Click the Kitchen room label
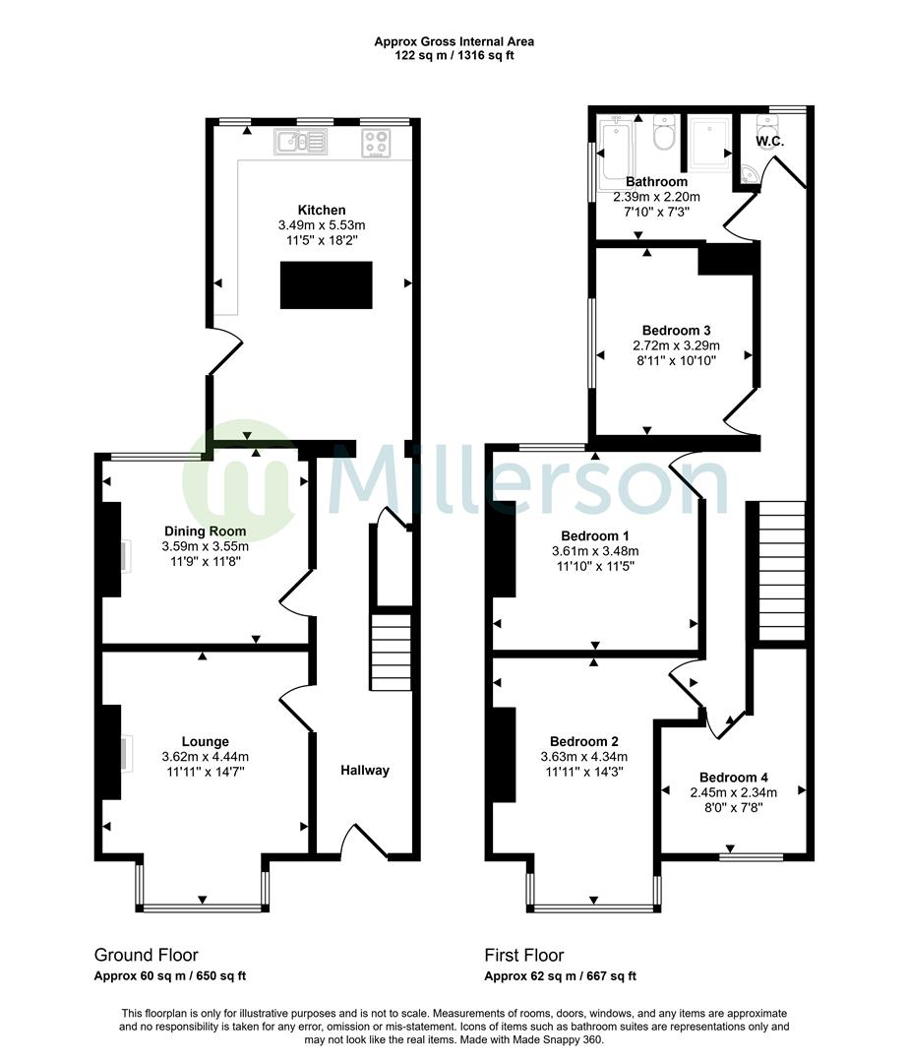pyautogui.click(x=322, y=210)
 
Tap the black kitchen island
pyautogui.click(x=327, y=285)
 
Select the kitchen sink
pyautogui.click(x=301, y=144)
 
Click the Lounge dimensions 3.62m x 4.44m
pyautogui.click(x=205, y=757)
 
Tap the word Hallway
pyautogui.click(x=365, y=771)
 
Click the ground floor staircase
pyautogui.click(x=390, y=652)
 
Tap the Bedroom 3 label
pyautogui.click(x=676, y=331)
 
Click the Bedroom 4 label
pyautogui.click(x=733, y=777)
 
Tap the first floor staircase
pyautogui.click(x=781, y=571)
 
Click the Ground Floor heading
pyautogui.click(x=146, y=955)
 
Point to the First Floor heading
pyautogui.click(x=523, y=955)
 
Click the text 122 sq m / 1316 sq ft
pyautogui.click(x=454, y=55)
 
